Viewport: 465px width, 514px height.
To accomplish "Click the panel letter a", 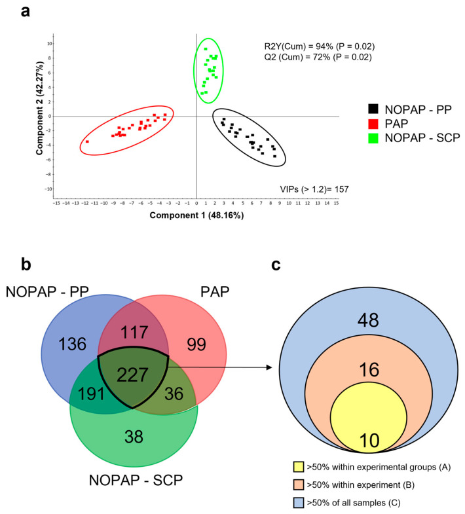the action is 26,11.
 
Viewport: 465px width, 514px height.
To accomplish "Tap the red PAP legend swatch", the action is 373,124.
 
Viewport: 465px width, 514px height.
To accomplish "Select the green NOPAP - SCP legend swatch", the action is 373,138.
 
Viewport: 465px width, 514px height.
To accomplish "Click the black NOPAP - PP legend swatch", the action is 373,109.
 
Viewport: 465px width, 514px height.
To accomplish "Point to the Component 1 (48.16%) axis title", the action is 196,215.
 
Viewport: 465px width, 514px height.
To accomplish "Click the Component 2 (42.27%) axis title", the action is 39,108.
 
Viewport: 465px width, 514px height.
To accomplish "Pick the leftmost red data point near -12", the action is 87,141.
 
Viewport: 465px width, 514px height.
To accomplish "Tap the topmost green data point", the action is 206,49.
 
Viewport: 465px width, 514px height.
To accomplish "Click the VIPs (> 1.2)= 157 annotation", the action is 314,189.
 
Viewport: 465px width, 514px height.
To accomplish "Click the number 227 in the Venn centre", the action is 132,375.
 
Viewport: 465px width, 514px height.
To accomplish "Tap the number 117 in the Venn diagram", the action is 134,333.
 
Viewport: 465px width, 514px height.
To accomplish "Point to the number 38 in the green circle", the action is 134,437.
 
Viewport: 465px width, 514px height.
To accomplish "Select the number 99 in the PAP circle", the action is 196,344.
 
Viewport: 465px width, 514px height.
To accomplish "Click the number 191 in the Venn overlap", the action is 91,394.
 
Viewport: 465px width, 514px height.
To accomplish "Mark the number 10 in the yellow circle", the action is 369,441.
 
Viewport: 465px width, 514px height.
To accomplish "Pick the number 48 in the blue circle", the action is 368,320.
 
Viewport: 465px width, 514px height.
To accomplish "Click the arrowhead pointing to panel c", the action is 270,367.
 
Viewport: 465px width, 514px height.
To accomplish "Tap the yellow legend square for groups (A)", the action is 299,467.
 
